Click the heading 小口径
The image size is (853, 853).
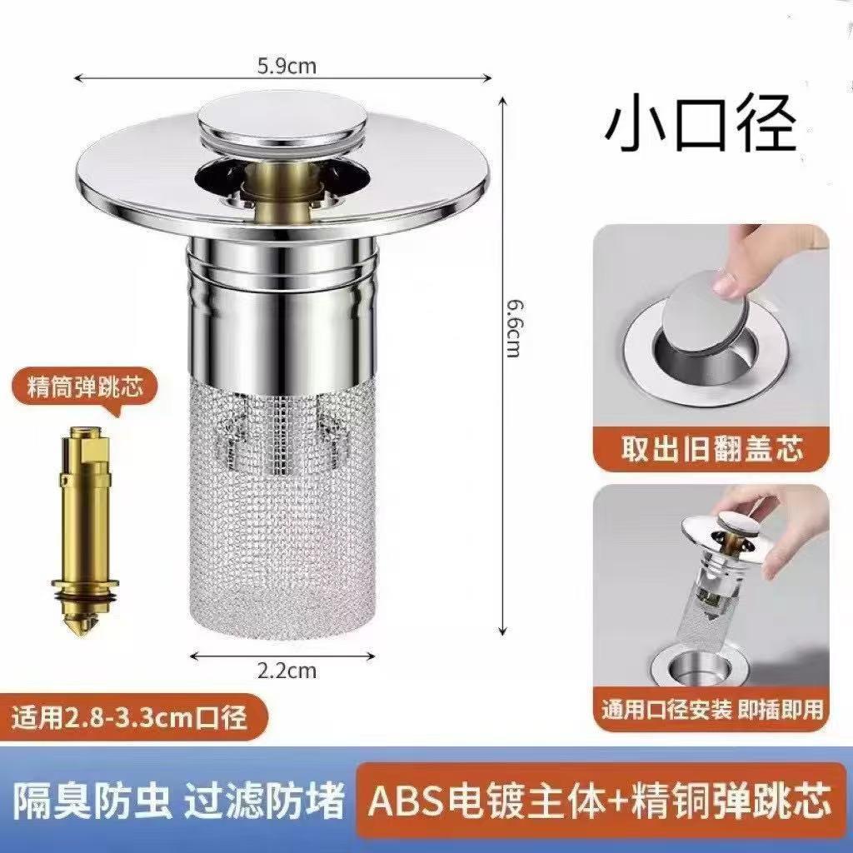coord(701,127)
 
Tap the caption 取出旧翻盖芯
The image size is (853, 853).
coord(712,450)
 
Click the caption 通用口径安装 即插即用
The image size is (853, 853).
coord(712,710)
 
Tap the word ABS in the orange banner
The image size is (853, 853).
coord(402,801)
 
